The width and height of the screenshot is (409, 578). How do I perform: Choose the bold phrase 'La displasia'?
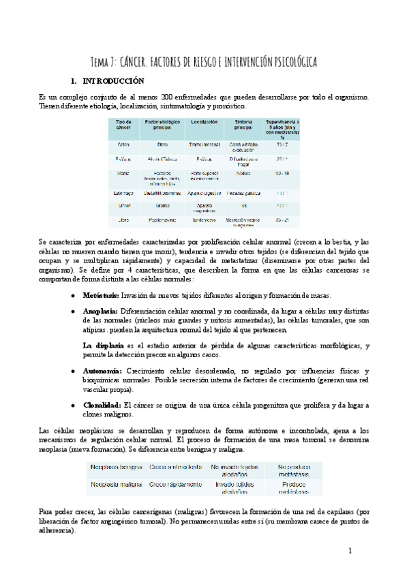103,346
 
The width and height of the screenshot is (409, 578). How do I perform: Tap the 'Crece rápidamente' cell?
176,484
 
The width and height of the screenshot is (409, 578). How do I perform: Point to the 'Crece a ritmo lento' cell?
176,467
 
